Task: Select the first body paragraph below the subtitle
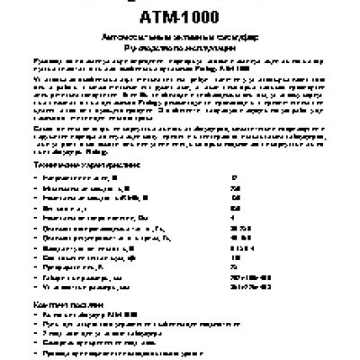point(180,71)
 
